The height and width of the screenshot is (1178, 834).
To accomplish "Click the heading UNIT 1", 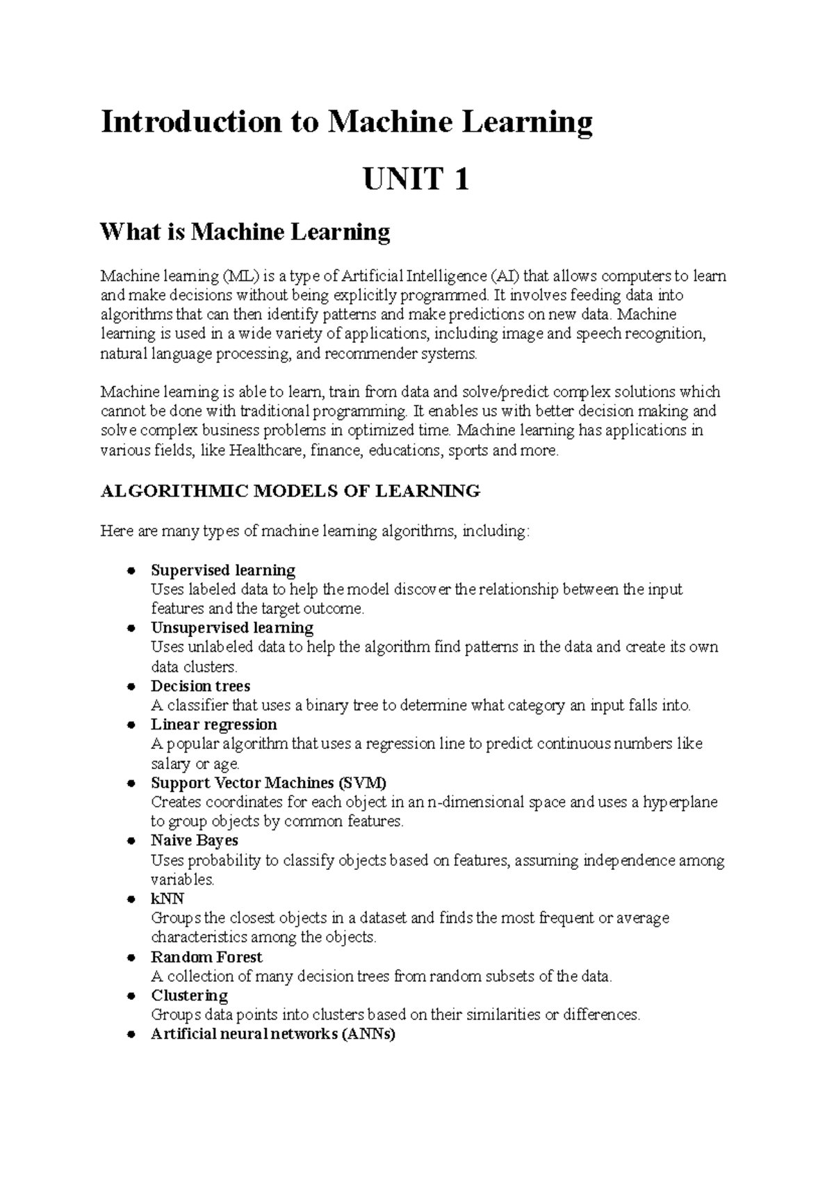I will (416, 180).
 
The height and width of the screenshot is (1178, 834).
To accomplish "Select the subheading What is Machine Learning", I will (245, 232).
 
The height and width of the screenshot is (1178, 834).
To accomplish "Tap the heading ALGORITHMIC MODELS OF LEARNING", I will (291, 492).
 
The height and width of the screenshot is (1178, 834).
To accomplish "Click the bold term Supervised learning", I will (223, 571).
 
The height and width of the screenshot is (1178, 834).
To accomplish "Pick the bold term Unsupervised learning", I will (232, 628).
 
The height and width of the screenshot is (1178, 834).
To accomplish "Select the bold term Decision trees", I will (200, 686).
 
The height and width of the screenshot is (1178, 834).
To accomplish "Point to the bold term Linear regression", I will (214, 725).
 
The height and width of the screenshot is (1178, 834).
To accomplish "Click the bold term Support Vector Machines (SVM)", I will (268, 783).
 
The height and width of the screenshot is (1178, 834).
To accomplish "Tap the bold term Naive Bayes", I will (195, 841).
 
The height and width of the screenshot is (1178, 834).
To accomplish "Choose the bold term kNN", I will (167, 899).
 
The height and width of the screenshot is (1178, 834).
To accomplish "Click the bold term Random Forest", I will (206, 958).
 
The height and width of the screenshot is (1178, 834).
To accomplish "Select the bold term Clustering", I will (189, 996).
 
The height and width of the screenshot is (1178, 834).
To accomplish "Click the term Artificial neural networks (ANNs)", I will (273, 1034).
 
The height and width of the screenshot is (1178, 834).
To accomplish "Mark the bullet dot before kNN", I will (130, 900).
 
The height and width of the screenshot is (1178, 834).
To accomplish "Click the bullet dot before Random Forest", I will (130, 958).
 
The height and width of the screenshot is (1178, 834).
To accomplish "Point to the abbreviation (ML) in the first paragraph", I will (235, 276).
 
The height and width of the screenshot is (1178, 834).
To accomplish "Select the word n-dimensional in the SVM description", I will (477, 802).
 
